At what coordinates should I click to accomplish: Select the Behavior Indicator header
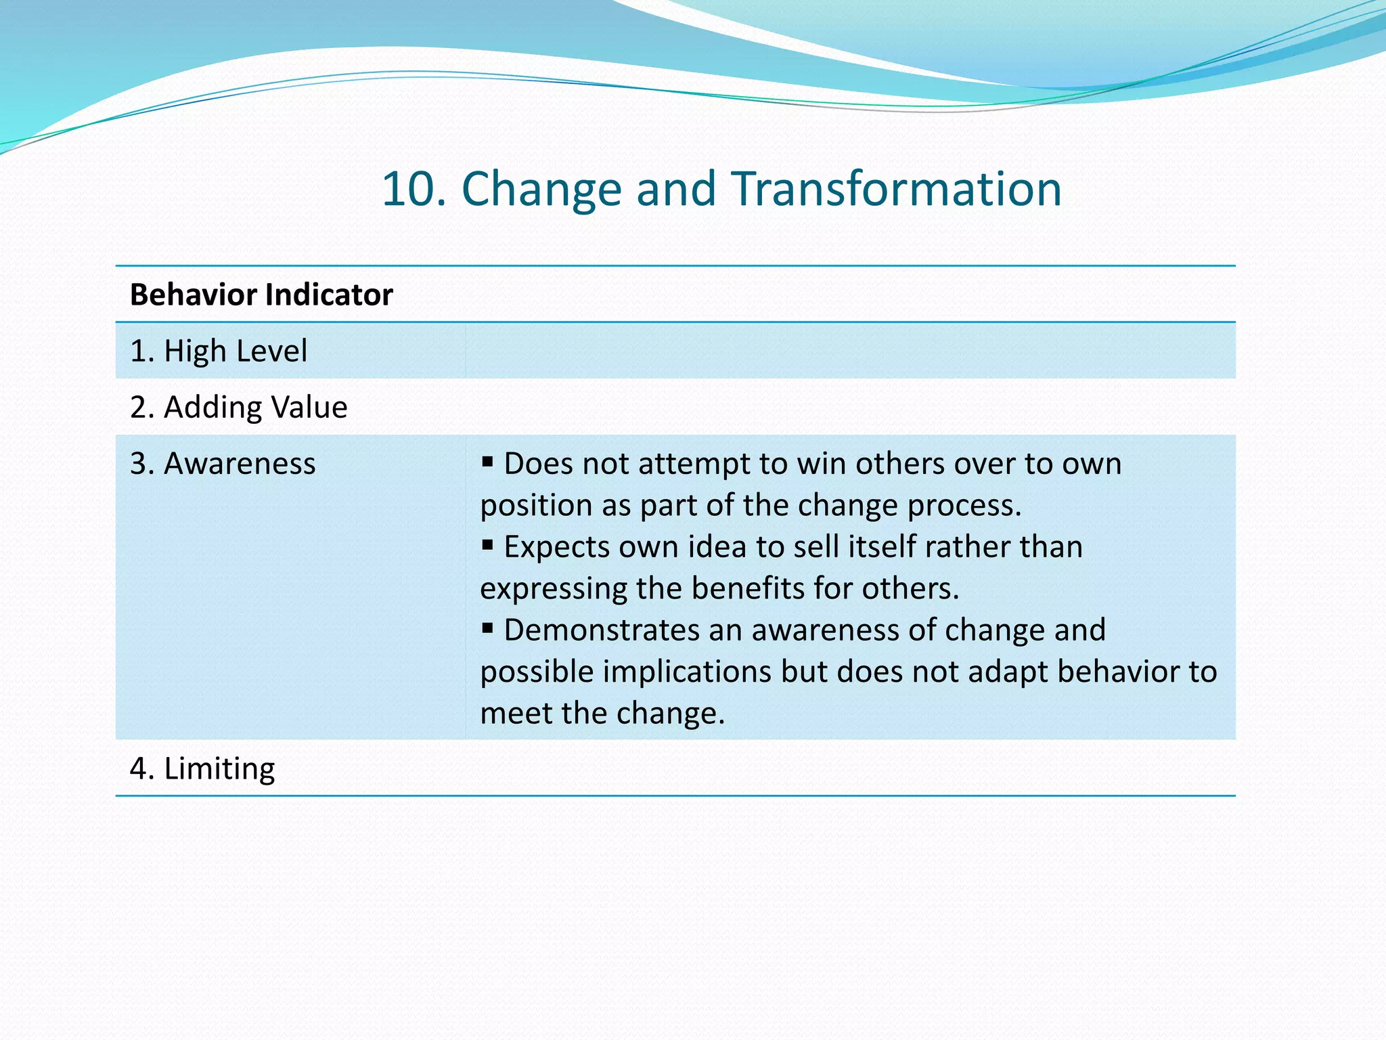pos(261,295)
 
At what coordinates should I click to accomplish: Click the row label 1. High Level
pos(219,351)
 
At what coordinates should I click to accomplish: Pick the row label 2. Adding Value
pos(238,407)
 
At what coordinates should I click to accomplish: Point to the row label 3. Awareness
pos(223,463)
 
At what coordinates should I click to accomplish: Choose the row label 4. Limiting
pos(202,768)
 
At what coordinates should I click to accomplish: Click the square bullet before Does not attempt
pos(487,462)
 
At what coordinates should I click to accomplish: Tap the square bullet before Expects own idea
pos(487,544)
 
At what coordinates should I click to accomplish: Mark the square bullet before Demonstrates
pos(487,628)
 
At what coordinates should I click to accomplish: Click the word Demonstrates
pos(601,630)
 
